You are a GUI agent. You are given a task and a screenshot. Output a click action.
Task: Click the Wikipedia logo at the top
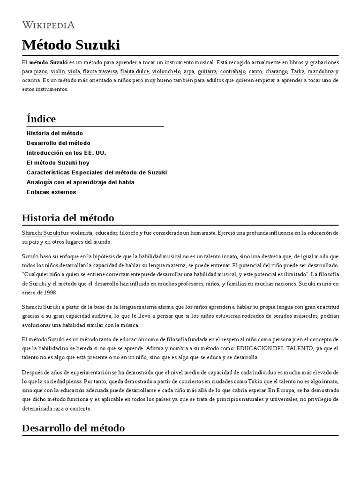pyautogui.click(x=48, y=24)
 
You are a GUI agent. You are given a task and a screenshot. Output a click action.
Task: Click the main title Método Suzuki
pyautogui.click(x=71, y=45)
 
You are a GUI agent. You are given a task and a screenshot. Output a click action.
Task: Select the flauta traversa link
pyautogui.click(x=99, y=71)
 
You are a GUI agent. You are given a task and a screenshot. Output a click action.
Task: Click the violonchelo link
pyautogui.click(x=166, y=71)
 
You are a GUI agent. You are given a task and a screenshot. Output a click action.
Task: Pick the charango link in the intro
pyautogui.click(x=276, y=71)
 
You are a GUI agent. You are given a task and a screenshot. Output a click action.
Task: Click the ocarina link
pyautogui.click(x=30, y=80)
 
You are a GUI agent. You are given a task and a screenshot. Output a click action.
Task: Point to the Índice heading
pyautogui.click(x=41, y=119)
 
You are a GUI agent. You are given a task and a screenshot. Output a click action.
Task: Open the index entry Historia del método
pyautogui.click(x=55, y=133)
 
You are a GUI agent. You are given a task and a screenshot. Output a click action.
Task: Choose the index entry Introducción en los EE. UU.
pyautogui.click(x=66, y=153)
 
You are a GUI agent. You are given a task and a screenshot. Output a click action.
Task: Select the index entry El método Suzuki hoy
pyautogui.click(x=58, y=163)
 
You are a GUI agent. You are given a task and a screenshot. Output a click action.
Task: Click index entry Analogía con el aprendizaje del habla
pyautogui.click(x=80, y=182)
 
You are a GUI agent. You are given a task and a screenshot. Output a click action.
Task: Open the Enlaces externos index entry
pyautogui.click(x=51, y=192)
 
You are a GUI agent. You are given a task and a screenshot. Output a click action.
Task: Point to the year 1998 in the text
pyautogui.click(x=49, y=292)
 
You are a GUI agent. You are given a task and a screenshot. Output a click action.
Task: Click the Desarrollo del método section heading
pyautogui.click(x=73, y=428)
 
